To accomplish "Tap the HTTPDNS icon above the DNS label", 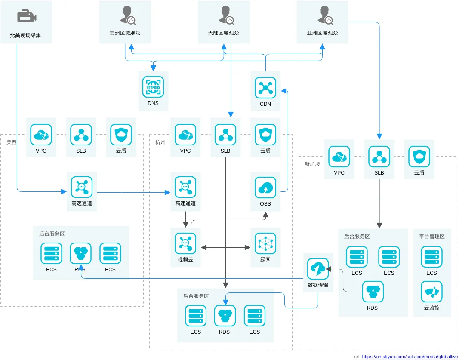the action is [153, 87].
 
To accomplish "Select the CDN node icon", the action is [265, 87].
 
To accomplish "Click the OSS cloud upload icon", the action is [265, 188].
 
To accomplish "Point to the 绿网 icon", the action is [265, 243].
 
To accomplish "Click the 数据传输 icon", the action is [318, 269].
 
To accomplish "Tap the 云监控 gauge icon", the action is [431, 292].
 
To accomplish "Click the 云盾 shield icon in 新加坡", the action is [419, 157].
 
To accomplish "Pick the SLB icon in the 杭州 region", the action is [225, 135].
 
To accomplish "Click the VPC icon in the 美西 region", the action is [41, 135].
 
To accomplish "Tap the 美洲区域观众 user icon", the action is [128, 15].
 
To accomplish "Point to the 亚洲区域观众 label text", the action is [322, 33].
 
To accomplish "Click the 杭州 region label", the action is [160, 142].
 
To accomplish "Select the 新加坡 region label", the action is [312, 164].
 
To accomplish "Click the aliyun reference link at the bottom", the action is [410, 357].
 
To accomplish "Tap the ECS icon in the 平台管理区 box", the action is [431, 257].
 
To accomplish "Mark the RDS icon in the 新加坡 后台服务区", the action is [373, 292].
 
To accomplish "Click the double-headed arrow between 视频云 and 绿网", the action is [225, 248].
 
